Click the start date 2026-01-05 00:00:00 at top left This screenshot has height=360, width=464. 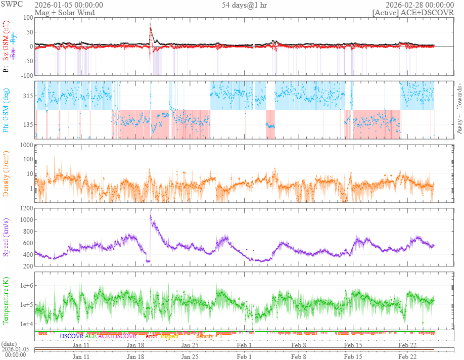pyautogui.click(x=69, y=5)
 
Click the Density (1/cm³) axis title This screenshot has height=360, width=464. pyautogui.click(x=6, y=173)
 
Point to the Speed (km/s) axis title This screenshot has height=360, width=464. pyautogui.click(x=6, y=237)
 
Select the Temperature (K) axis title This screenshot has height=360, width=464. pyautogui.click(x=6, y=302)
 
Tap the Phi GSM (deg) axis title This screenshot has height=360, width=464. pyautogui.click(x=6, y=109)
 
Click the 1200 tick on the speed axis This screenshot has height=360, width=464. pyautogui.click(x=26, y=208)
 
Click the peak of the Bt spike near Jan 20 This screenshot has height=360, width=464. pyautogui.click(x=150, y=24)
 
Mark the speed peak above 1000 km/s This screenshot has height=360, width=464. pyautogui.click(x=151, y=216)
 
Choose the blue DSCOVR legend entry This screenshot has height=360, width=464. pyautogui.click(x=71, y=336)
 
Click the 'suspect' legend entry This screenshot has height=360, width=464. pyautogui.click(x=170, y=336)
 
